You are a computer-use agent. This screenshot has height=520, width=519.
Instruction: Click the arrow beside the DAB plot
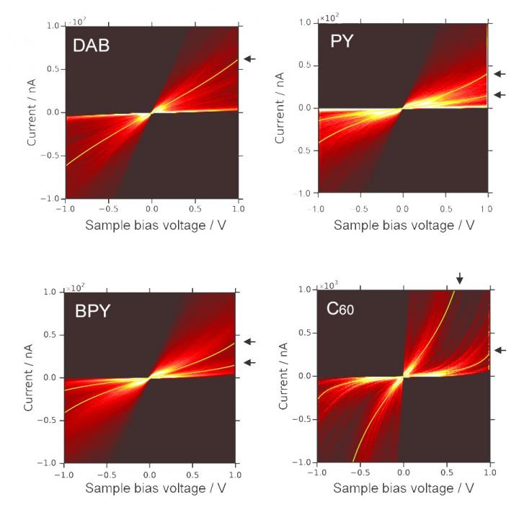click(x=249, y=58)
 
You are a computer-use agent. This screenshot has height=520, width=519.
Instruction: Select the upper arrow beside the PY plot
click(x=500, y=73)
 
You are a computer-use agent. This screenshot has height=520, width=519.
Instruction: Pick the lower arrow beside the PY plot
click(x=500, y=94)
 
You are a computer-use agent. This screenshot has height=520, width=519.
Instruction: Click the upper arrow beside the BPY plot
click(x=249, y=341)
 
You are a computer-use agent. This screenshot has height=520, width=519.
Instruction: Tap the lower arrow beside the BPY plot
click(x=249, y=362)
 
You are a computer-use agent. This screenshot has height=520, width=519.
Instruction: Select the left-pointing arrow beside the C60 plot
click(x=500, y=350)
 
